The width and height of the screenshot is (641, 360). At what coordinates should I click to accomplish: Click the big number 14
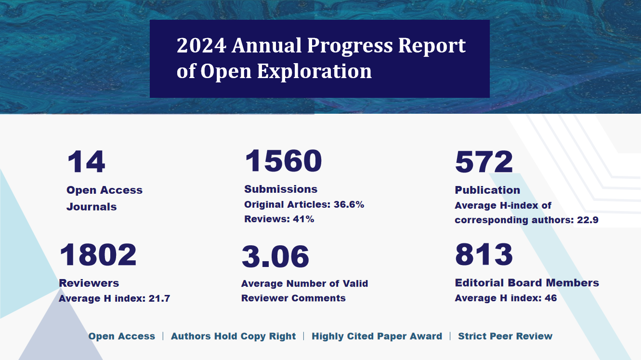tap(86, 162)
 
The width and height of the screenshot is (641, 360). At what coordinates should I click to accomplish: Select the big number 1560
tap(283, 161)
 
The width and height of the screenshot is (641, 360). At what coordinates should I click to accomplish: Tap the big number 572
tap(484, 162)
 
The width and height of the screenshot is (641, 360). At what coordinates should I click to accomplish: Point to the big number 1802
tap(98, 255)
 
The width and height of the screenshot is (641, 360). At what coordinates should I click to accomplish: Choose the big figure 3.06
tap(275, 256)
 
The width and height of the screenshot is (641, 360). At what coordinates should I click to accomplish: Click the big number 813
tap(484, 254)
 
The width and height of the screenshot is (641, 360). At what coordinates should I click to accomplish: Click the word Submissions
tap(281, 189)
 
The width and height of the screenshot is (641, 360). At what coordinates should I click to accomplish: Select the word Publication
tap(487, 190)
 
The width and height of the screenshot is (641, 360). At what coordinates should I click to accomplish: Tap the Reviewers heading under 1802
tap(89, 283)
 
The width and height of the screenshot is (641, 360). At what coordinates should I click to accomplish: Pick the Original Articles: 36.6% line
tap(304, 204)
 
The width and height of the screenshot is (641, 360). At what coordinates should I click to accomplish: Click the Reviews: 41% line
tap(279, 219)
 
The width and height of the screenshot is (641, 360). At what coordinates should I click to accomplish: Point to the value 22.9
tap(588, 220)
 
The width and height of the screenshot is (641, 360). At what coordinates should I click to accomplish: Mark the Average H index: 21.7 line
tap(114, 298)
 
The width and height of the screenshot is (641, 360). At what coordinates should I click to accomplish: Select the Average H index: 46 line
tap(506, 298)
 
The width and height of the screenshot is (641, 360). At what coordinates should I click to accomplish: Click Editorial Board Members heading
tap(527, 283)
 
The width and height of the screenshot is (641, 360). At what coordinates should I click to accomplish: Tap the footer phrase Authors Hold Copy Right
tap(233, 336)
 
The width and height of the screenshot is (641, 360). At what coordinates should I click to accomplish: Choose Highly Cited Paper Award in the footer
tap(377, 336)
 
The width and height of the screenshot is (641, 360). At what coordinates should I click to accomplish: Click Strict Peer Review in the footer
tap(505, 336)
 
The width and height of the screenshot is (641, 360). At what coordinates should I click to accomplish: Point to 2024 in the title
tap(201, 46)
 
